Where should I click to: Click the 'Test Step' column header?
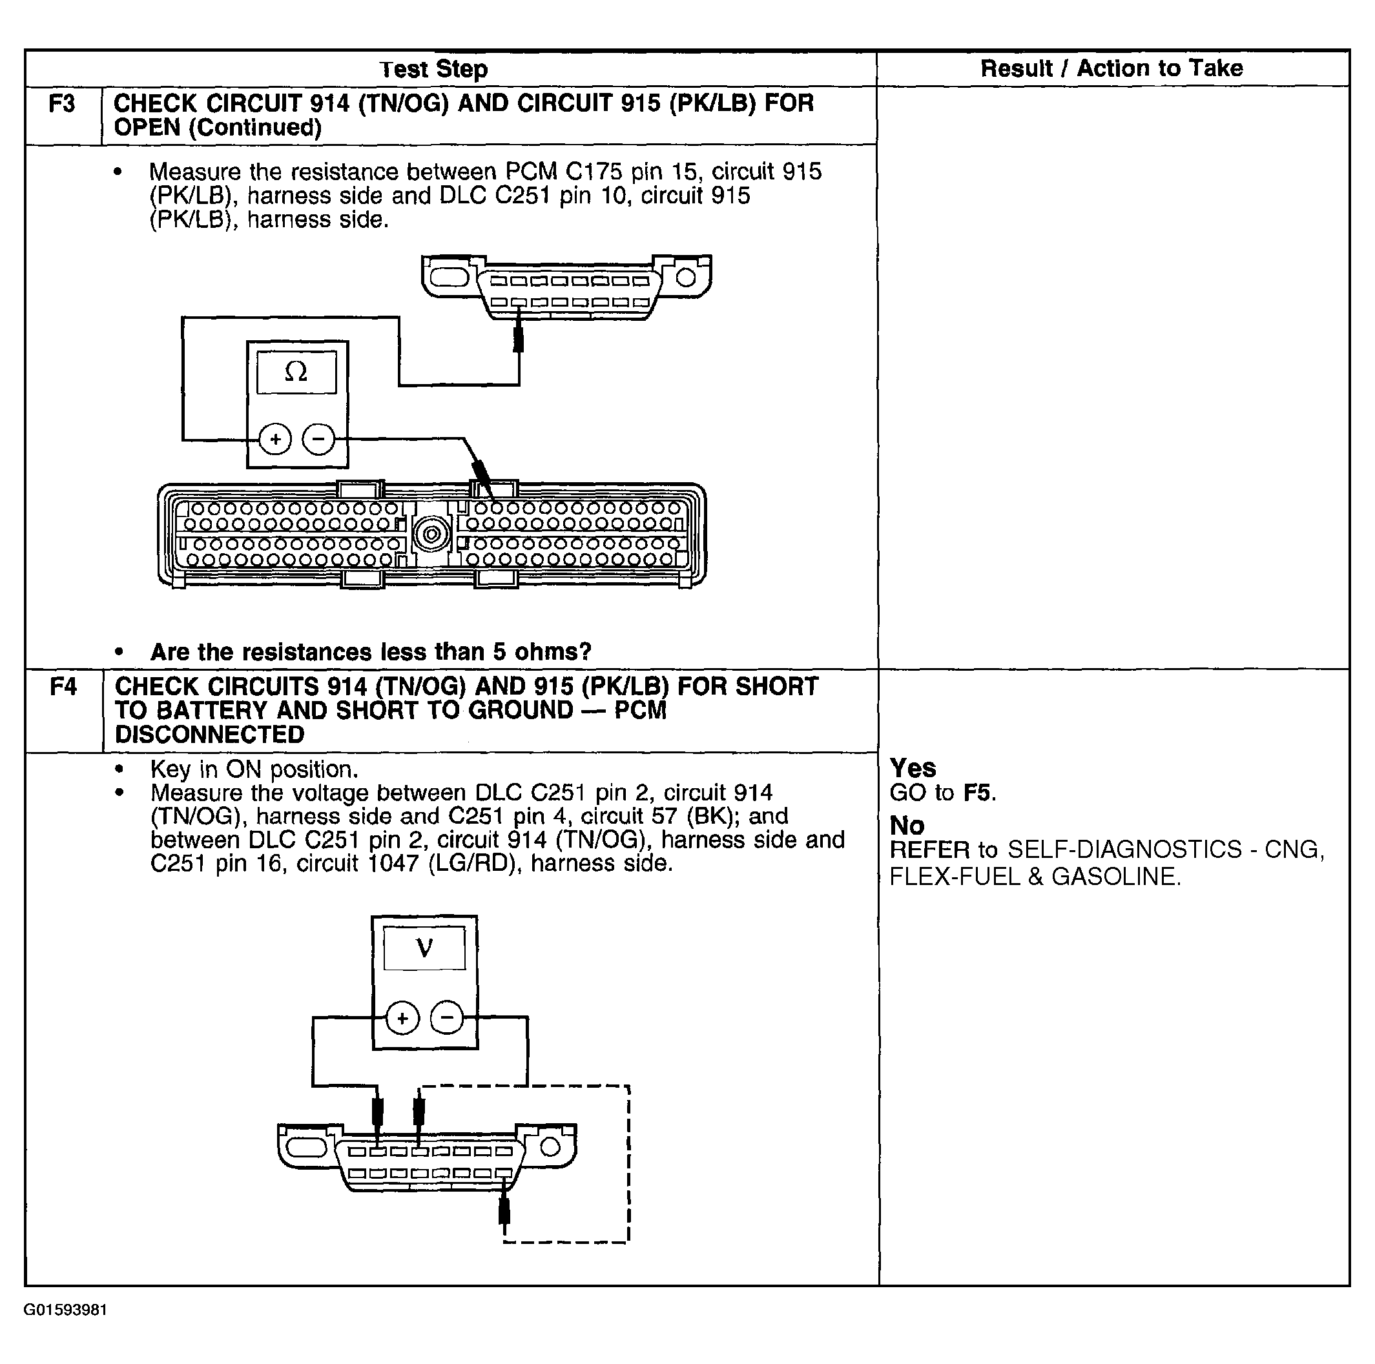click(433, 69)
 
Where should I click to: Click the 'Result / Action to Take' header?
click(1111, 68)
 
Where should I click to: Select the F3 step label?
click(62, 104)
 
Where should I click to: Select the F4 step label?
click(63, 687)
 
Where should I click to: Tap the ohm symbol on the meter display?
click(296, 371)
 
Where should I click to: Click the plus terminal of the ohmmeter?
click(274, 439)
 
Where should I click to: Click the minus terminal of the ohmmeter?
click(318, 439)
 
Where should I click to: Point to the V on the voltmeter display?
click(424, 948)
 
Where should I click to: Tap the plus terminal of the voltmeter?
click(402, 1018)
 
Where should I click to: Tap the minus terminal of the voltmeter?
click(447, 1018)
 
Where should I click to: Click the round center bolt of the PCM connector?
click(431, 534)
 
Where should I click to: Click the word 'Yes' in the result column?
click(913, 768)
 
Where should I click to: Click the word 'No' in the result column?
click(907, 826)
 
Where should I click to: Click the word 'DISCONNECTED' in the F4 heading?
click(209, 735)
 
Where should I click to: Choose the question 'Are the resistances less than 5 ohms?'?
click(371, 652)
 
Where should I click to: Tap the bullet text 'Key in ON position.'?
click(254, 769)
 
